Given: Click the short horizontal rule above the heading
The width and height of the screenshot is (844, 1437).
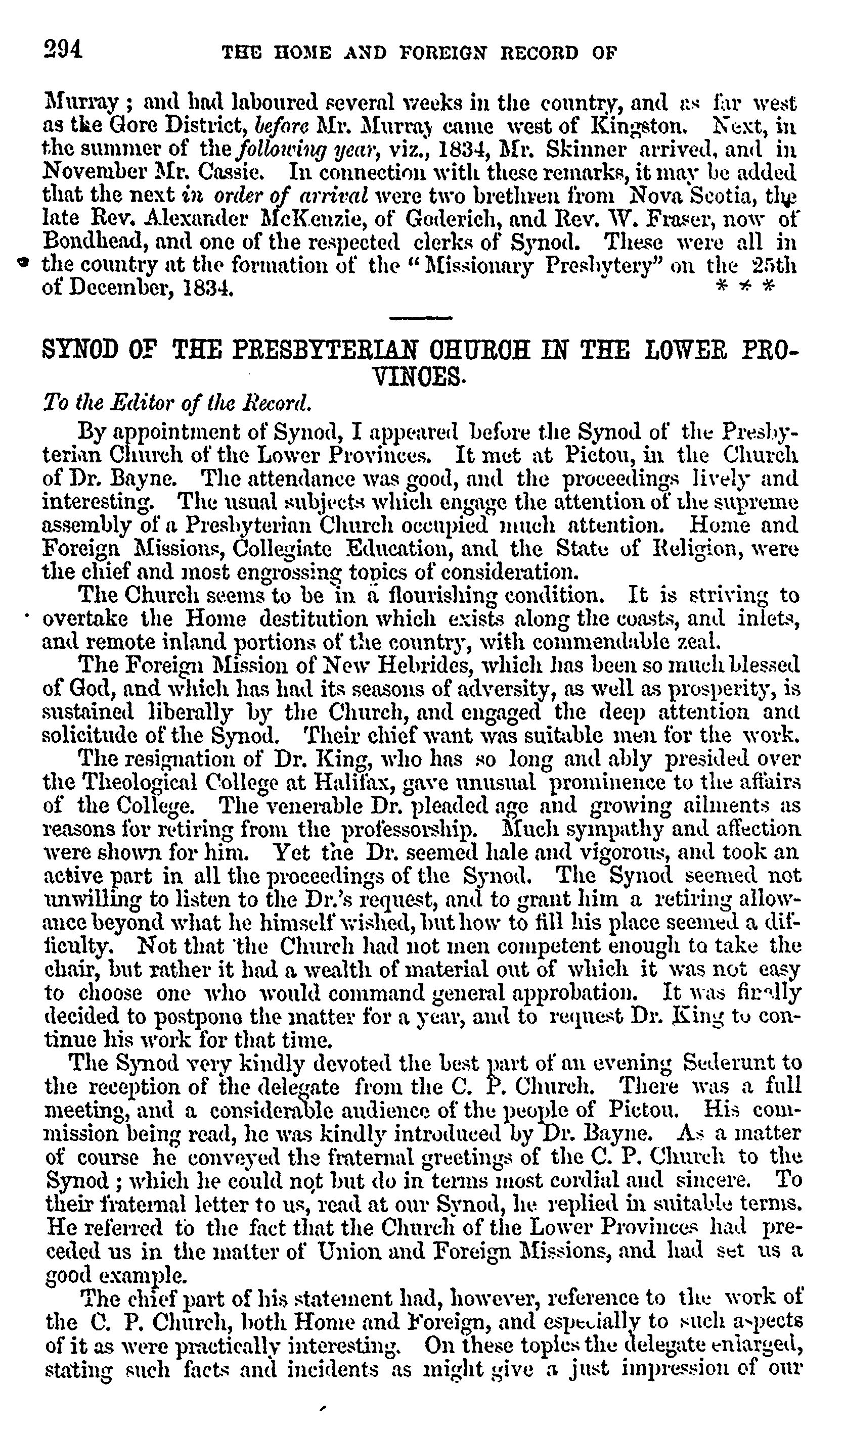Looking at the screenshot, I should pos(421,318).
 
